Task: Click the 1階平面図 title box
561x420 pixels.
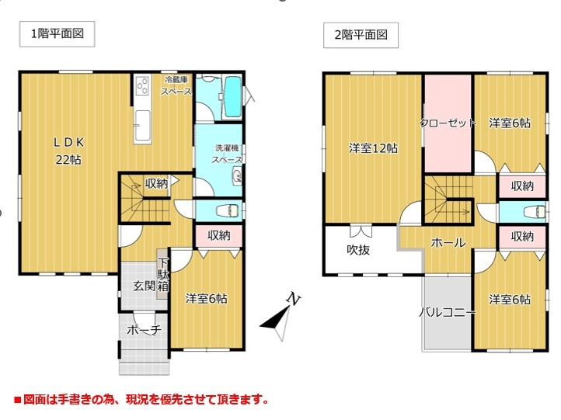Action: [57, 34]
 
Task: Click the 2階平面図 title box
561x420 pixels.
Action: [361, 35]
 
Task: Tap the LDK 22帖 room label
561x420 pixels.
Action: [68, 151]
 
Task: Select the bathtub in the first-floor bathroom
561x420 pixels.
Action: [232, 97]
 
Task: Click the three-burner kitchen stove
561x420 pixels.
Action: [142, 85]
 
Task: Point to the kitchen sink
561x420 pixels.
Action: [142, 125]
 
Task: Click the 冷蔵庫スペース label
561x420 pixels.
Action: [176, 85]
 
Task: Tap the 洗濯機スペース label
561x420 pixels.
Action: [227, 154]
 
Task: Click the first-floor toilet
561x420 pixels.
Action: [227, 210]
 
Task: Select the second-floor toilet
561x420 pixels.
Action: [535, 212]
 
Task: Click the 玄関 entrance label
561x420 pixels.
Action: [145, 286]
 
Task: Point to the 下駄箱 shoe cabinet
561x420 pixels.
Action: [163, 274]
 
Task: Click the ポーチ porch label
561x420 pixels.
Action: [145, 330]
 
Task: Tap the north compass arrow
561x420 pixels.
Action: [280, 318]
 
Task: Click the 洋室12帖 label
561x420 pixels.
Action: [373, 148]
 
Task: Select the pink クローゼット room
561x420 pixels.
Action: [448, 123]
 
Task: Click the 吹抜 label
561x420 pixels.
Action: [358, 249]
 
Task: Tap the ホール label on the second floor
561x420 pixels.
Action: [448, 243]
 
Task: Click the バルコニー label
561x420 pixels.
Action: [448, 312]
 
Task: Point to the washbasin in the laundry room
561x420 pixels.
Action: [237, 175]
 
